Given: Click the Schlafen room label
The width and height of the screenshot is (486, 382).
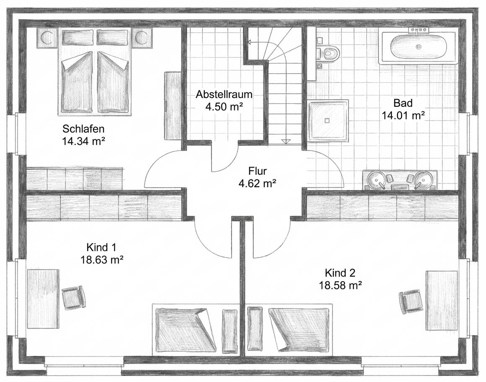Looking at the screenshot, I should tap(83, 129).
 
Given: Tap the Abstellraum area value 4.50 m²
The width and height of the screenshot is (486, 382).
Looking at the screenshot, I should tap(224, 106).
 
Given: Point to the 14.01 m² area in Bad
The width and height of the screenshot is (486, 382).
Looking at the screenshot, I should tap(403, 115).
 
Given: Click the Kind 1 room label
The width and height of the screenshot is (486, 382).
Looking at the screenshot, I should tap(101, 247).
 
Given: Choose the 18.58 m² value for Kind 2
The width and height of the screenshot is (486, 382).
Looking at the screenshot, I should tap(340, 286).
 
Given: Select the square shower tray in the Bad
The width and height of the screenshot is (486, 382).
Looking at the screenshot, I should tap(328, 121).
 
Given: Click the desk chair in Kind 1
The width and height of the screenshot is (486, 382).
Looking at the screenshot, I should tap(73, 297).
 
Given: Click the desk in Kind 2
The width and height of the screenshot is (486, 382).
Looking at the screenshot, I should tap(442, 300).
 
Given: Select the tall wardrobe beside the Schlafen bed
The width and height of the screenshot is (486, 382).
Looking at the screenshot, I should tap(172, 106).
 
